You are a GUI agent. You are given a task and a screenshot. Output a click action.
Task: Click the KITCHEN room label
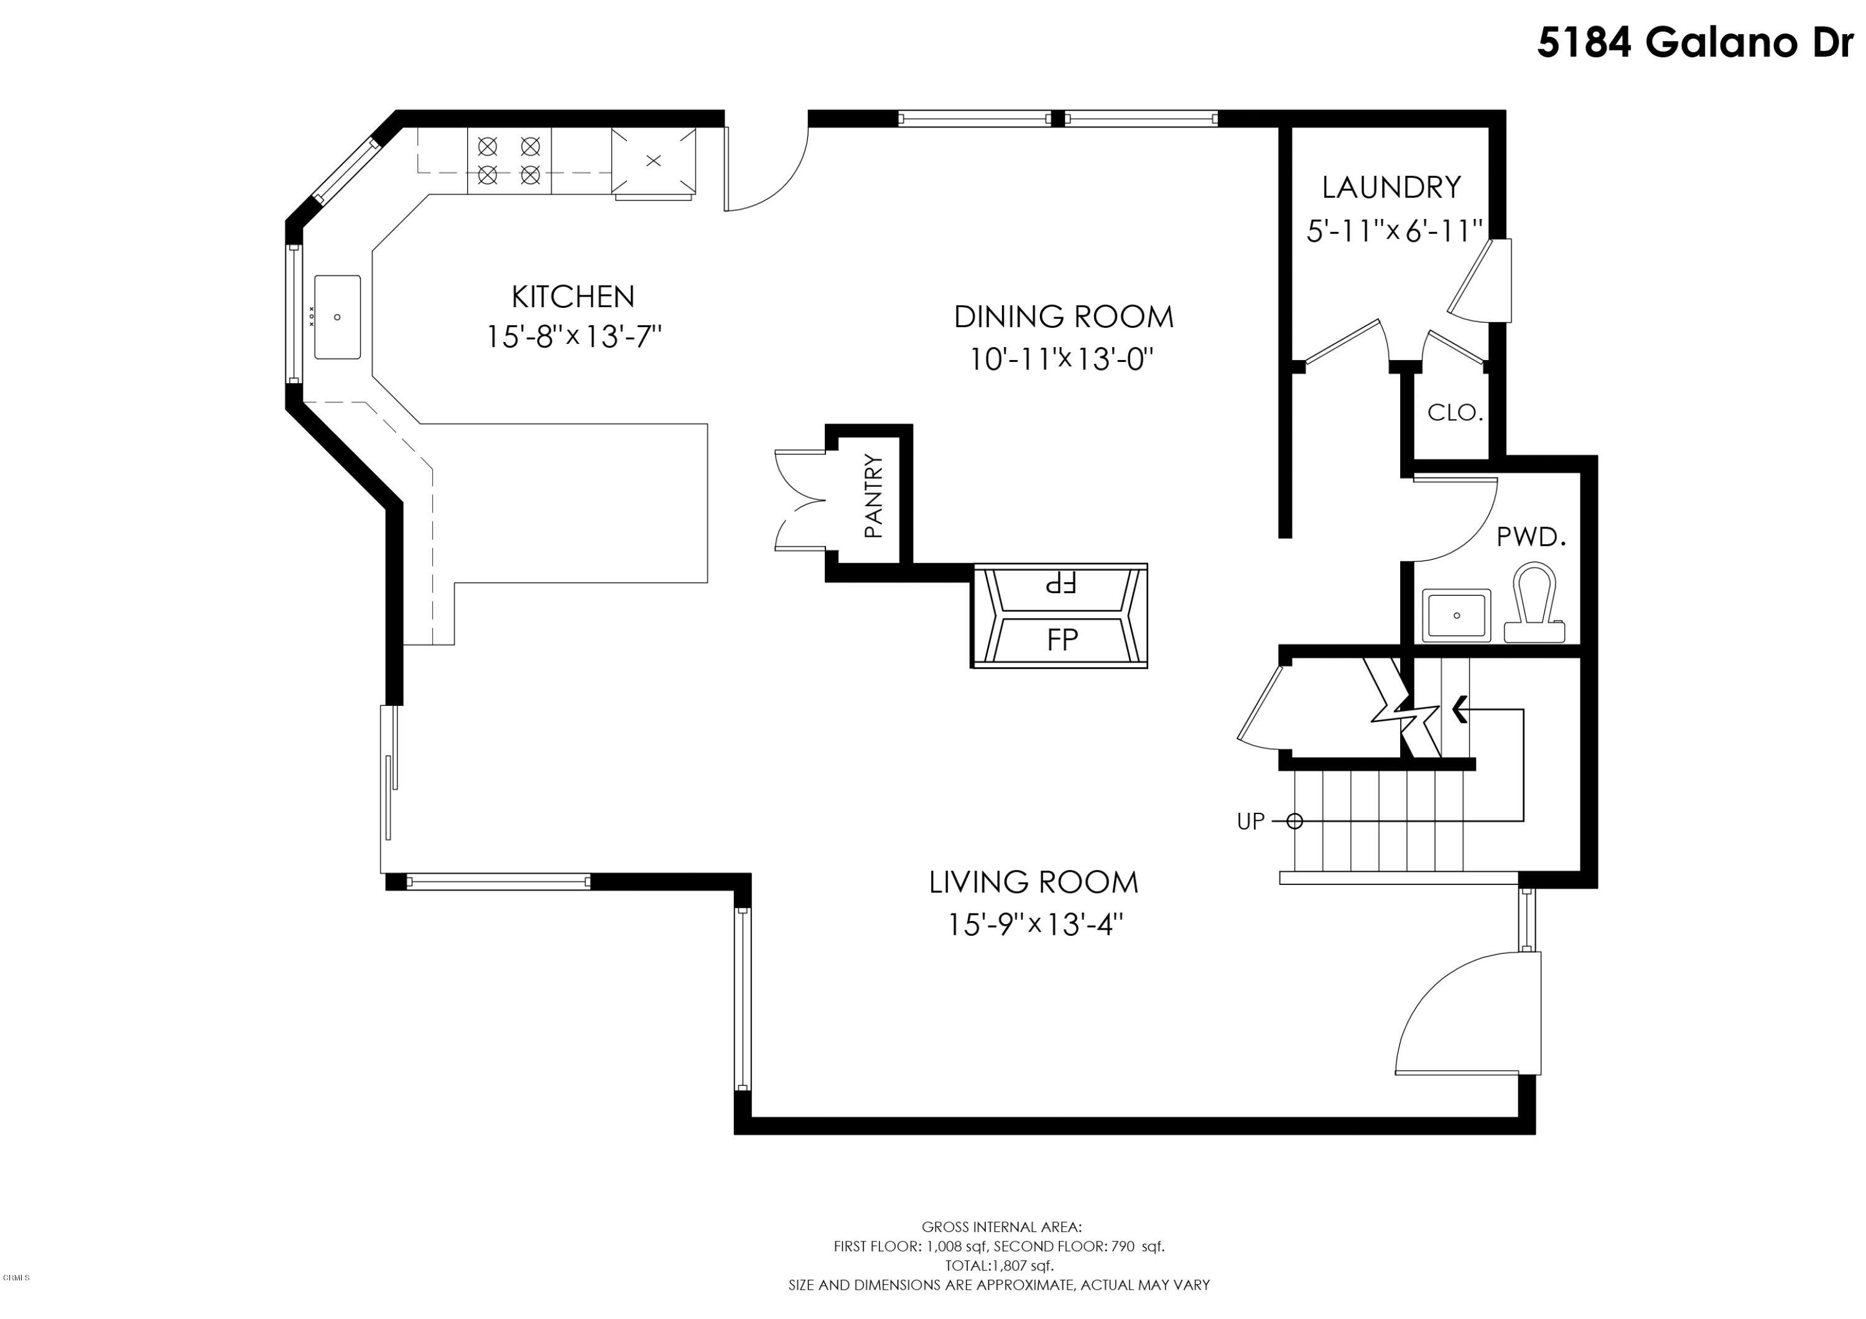[x=573, y=297]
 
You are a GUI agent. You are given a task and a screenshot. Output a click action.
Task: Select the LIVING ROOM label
[x=1034, y=882]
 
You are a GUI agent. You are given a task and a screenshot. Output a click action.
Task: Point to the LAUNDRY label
[x=1391, y=188]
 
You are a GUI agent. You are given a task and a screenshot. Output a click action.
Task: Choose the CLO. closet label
[x=1455, y=413]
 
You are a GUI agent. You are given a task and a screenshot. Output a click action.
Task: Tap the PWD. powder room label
[x=1532, y=537]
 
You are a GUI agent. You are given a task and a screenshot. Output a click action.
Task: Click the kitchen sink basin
[x=337, y=317]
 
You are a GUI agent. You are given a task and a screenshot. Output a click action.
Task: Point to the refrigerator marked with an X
[x=654, y=162]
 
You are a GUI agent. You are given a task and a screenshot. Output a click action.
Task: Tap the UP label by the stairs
[x=1251, y=821]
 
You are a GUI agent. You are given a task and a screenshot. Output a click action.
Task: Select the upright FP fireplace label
[x=1062, y=641]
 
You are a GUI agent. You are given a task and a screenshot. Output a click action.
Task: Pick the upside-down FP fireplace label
[x=1061, y=583]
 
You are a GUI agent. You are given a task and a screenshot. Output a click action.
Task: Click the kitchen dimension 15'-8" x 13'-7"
[x=573, y=336]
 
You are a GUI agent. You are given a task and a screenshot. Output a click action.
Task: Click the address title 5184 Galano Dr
[x=1700, y=42]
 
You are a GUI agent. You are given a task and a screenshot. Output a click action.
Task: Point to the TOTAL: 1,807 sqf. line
[x=999, y=1266]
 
